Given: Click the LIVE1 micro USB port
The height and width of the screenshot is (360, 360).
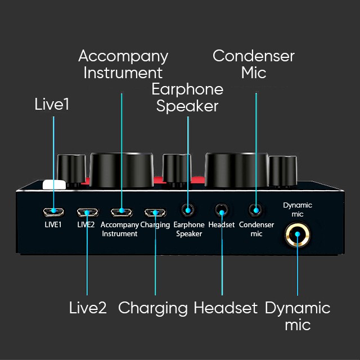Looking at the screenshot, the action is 53,211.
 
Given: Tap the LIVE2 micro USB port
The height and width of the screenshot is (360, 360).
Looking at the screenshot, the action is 88,213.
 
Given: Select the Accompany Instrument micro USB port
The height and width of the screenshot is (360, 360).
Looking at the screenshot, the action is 121,213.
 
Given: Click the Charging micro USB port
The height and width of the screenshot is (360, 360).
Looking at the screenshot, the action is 155,213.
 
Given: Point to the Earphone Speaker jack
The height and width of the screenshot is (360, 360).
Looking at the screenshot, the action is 188,210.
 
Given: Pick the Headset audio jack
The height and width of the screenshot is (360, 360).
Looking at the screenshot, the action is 222,210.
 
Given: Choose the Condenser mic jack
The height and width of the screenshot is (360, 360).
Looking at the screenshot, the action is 256,210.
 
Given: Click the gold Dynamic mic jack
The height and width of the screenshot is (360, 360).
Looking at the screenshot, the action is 298,234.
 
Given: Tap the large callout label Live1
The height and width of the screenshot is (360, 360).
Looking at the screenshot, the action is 52,105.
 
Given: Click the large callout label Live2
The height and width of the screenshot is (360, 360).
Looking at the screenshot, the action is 88,308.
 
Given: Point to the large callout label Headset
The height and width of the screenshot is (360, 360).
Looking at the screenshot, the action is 226,308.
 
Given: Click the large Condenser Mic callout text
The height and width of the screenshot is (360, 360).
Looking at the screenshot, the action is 254,64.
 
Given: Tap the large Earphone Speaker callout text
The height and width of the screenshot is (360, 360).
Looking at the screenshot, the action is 187,97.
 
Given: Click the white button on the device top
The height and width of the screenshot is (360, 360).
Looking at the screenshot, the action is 54,184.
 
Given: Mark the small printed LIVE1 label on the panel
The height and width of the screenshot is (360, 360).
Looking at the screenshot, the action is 53,225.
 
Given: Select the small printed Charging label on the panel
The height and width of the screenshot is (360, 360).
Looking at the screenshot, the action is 155,225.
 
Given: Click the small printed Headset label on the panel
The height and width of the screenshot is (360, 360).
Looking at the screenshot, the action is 222,225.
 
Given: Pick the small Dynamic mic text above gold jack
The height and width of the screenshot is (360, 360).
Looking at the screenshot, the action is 298,210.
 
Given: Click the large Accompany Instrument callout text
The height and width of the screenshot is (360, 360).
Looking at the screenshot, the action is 123,64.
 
